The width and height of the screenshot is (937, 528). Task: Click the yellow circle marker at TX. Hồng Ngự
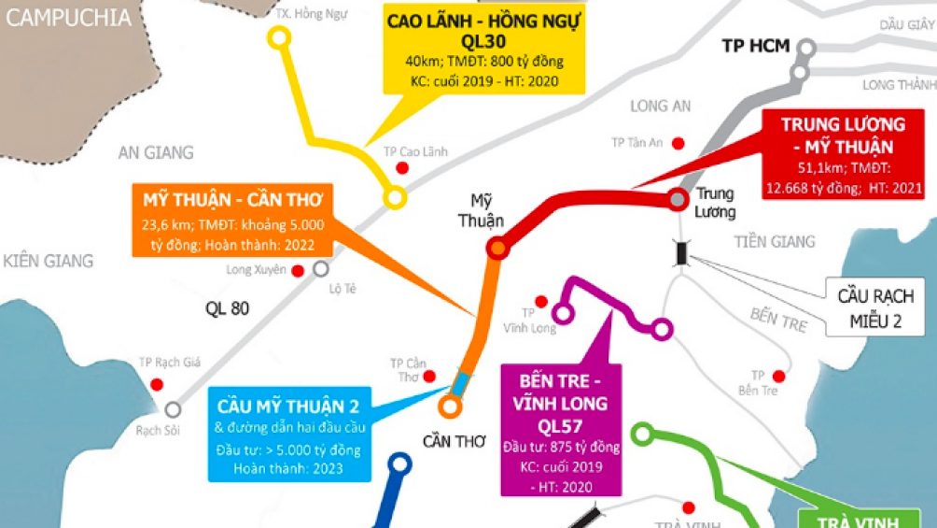tap(278, 37)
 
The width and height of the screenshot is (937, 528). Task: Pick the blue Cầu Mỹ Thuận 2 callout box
tap(288, 435)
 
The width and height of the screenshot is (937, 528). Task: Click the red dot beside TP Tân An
tap(678, 143)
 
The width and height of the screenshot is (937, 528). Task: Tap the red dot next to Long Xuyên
tap(298, 271)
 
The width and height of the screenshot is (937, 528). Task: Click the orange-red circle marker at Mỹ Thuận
tap(497, 248)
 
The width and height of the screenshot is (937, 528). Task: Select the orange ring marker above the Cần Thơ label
tap(450, 407)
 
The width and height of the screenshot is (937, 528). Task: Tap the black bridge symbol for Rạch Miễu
tap(683, 251)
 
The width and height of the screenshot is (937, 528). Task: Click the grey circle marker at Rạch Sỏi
tap(173, 408)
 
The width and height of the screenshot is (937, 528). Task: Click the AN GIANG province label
tap(156, 152)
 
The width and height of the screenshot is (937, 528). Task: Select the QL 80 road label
tap(227, 307)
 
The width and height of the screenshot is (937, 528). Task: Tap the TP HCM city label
tap(755, 46)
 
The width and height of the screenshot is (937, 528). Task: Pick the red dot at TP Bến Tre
tap(778, 377)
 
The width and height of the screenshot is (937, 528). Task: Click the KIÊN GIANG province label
tap(49, 261)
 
